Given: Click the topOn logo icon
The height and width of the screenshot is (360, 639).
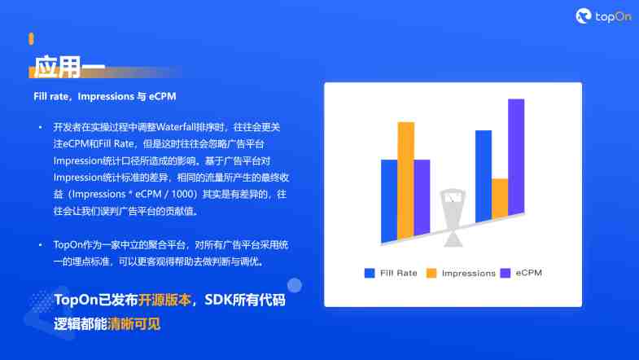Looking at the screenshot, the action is point(583,16).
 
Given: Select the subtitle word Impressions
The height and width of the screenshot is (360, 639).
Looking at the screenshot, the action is point(106,97).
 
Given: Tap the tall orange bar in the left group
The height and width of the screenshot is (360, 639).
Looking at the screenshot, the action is point(406,181).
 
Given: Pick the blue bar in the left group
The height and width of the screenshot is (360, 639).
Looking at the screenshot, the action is point(389,201).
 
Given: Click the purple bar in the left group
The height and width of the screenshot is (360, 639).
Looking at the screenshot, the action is point(422,198).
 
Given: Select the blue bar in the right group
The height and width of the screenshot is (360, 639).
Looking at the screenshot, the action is point(484,176).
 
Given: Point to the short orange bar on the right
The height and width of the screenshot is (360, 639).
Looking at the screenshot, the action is point(500,199).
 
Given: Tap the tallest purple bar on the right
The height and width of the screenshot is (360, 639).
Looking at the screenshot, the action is point(516,157).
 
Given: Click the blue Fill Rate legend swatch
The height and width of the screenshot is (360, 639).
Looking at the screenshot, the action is point(370,273).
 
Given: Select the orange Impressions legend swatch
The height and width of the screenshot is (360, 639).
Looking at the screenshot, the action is point(431,273).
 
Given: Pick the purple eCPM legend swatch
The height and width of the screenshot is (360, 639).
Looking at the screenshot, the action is point(506,273).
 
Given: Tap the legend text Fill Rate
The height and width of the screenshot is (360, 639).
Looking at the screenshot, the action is point(399,273).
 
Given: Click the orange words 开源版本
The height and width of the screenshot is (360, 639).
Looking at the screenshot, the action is point(164,300).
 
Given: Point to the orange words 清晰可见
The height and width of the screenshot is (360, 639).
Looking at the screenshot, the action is point(134,324).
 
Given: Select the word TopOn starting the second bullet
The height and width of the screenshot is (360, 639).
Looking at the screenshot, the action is point(68,245).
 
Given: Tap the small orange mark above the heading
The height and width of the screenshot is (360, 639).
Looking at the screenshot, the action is point(32,39).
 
